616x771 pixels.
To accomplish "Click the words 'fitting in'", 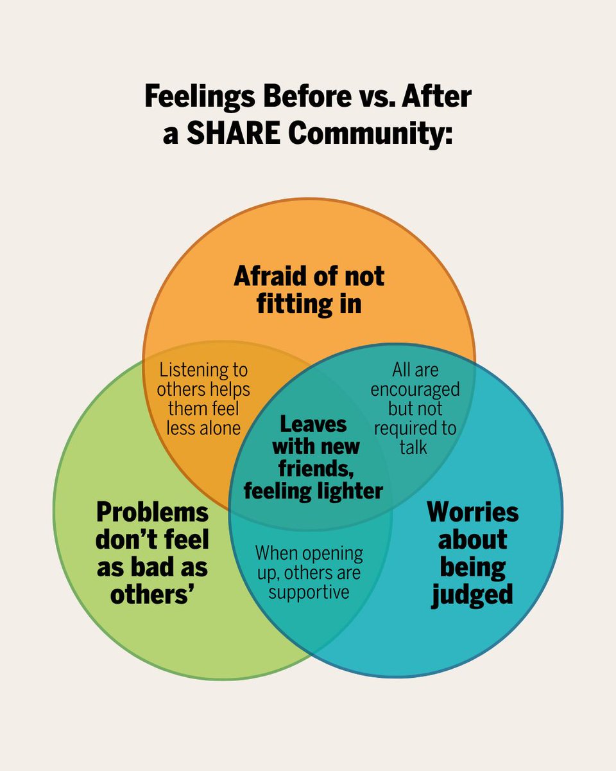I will click(x=309, y=303).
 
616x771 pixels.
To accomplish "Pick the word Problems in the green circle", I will click(x=153, y=513).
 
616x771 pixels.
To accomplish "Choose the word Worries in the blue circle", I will click(x=473, y=513).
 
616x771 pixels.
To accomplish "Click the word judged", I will click(x=473, y=594).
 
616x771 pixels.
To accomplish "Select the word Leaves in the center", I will click(x=313, y=424).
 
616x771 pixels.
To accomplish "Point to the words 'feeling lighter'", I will click(x=313, y=491).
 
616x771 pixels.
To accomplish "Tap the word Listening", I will click(x=203, y=370).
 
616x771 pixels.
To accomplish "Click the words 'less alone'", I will click(x=203, y=427).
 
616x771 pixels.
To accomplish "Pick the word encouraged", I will click(x=415, y=389).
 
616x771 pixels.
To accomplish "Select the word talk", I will click(x=414, y=447).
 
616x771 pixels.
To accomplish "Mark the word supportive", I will click(x=309, y=591).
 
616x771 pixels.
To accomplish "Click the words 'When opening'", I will click(x=309, y=553).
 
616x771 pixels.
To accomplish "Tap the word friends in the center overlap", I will click(x=313, y=468).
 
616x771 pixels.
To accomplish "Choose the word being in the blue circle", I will click(x=473, y=567).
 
